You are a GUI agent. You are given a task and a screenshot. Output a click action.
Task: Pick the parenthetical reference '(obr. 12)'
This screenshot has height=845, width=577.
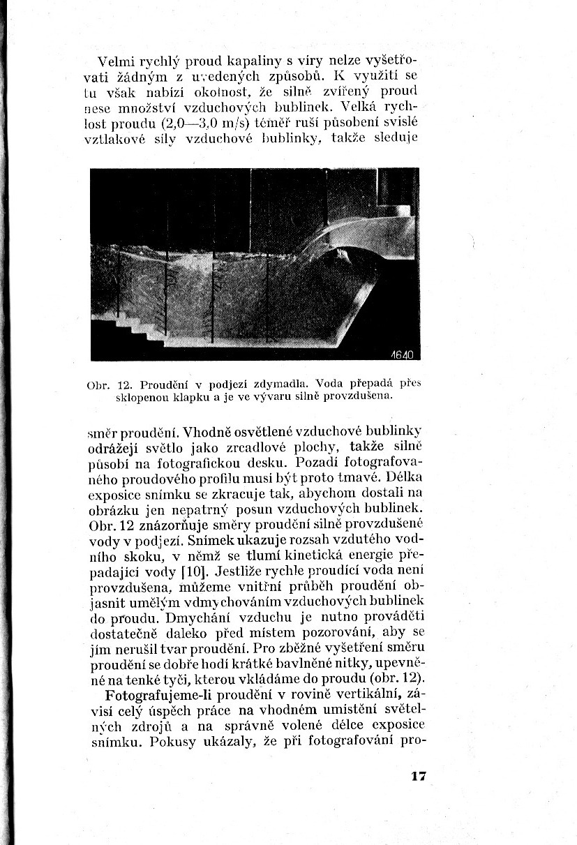[x=396, y=680]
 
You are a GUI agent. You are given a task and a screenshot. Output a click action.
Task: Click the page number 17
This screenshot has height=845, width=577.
[x=418, y=776]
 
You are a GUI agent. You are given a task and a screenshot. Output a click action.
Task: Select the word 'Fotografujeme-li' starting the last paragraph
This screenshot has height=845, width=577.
[x=153, y=696]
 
